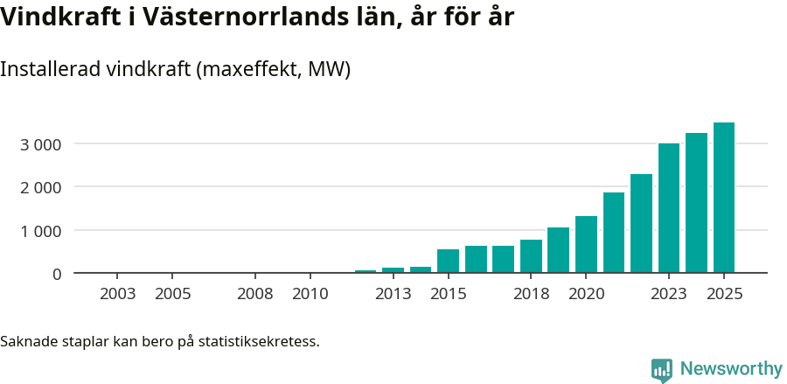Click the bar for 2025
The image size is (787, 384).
pos(723,198)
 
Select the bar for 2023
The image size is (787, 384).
pos(669,208)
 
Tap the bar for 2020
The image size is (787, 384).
pos(586,245)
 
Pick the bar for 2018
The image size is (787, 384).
pos(531,256)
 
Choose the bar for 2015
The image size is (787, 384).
pos(448,262)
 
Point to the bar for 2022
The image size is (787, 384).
pos(641,224)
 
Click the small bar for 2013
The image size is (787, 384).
pos(393,270)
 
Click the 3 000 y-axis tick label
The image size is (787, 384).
pos(41,143)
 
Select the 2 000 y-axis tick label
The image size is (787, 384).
pos(41,187)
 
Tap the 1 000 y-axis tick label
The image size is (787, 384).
pos(41,231)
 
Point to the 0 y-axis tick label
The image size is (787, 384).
pos(57,274)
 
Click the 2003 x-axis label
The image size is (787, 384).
pos(118,294)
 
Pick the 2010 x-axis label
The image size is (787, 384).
pos(310,294)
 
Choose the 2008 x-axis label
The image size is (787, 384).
pos(255,294)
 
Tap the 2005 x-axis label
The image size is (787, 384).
pos(172,294)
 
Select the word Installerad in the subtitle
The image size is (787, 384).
pos(49,69)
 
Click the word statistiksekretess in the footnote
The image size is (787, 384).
pos(259,340)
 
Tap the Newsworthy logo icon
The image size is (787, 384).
pos(662,370)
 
